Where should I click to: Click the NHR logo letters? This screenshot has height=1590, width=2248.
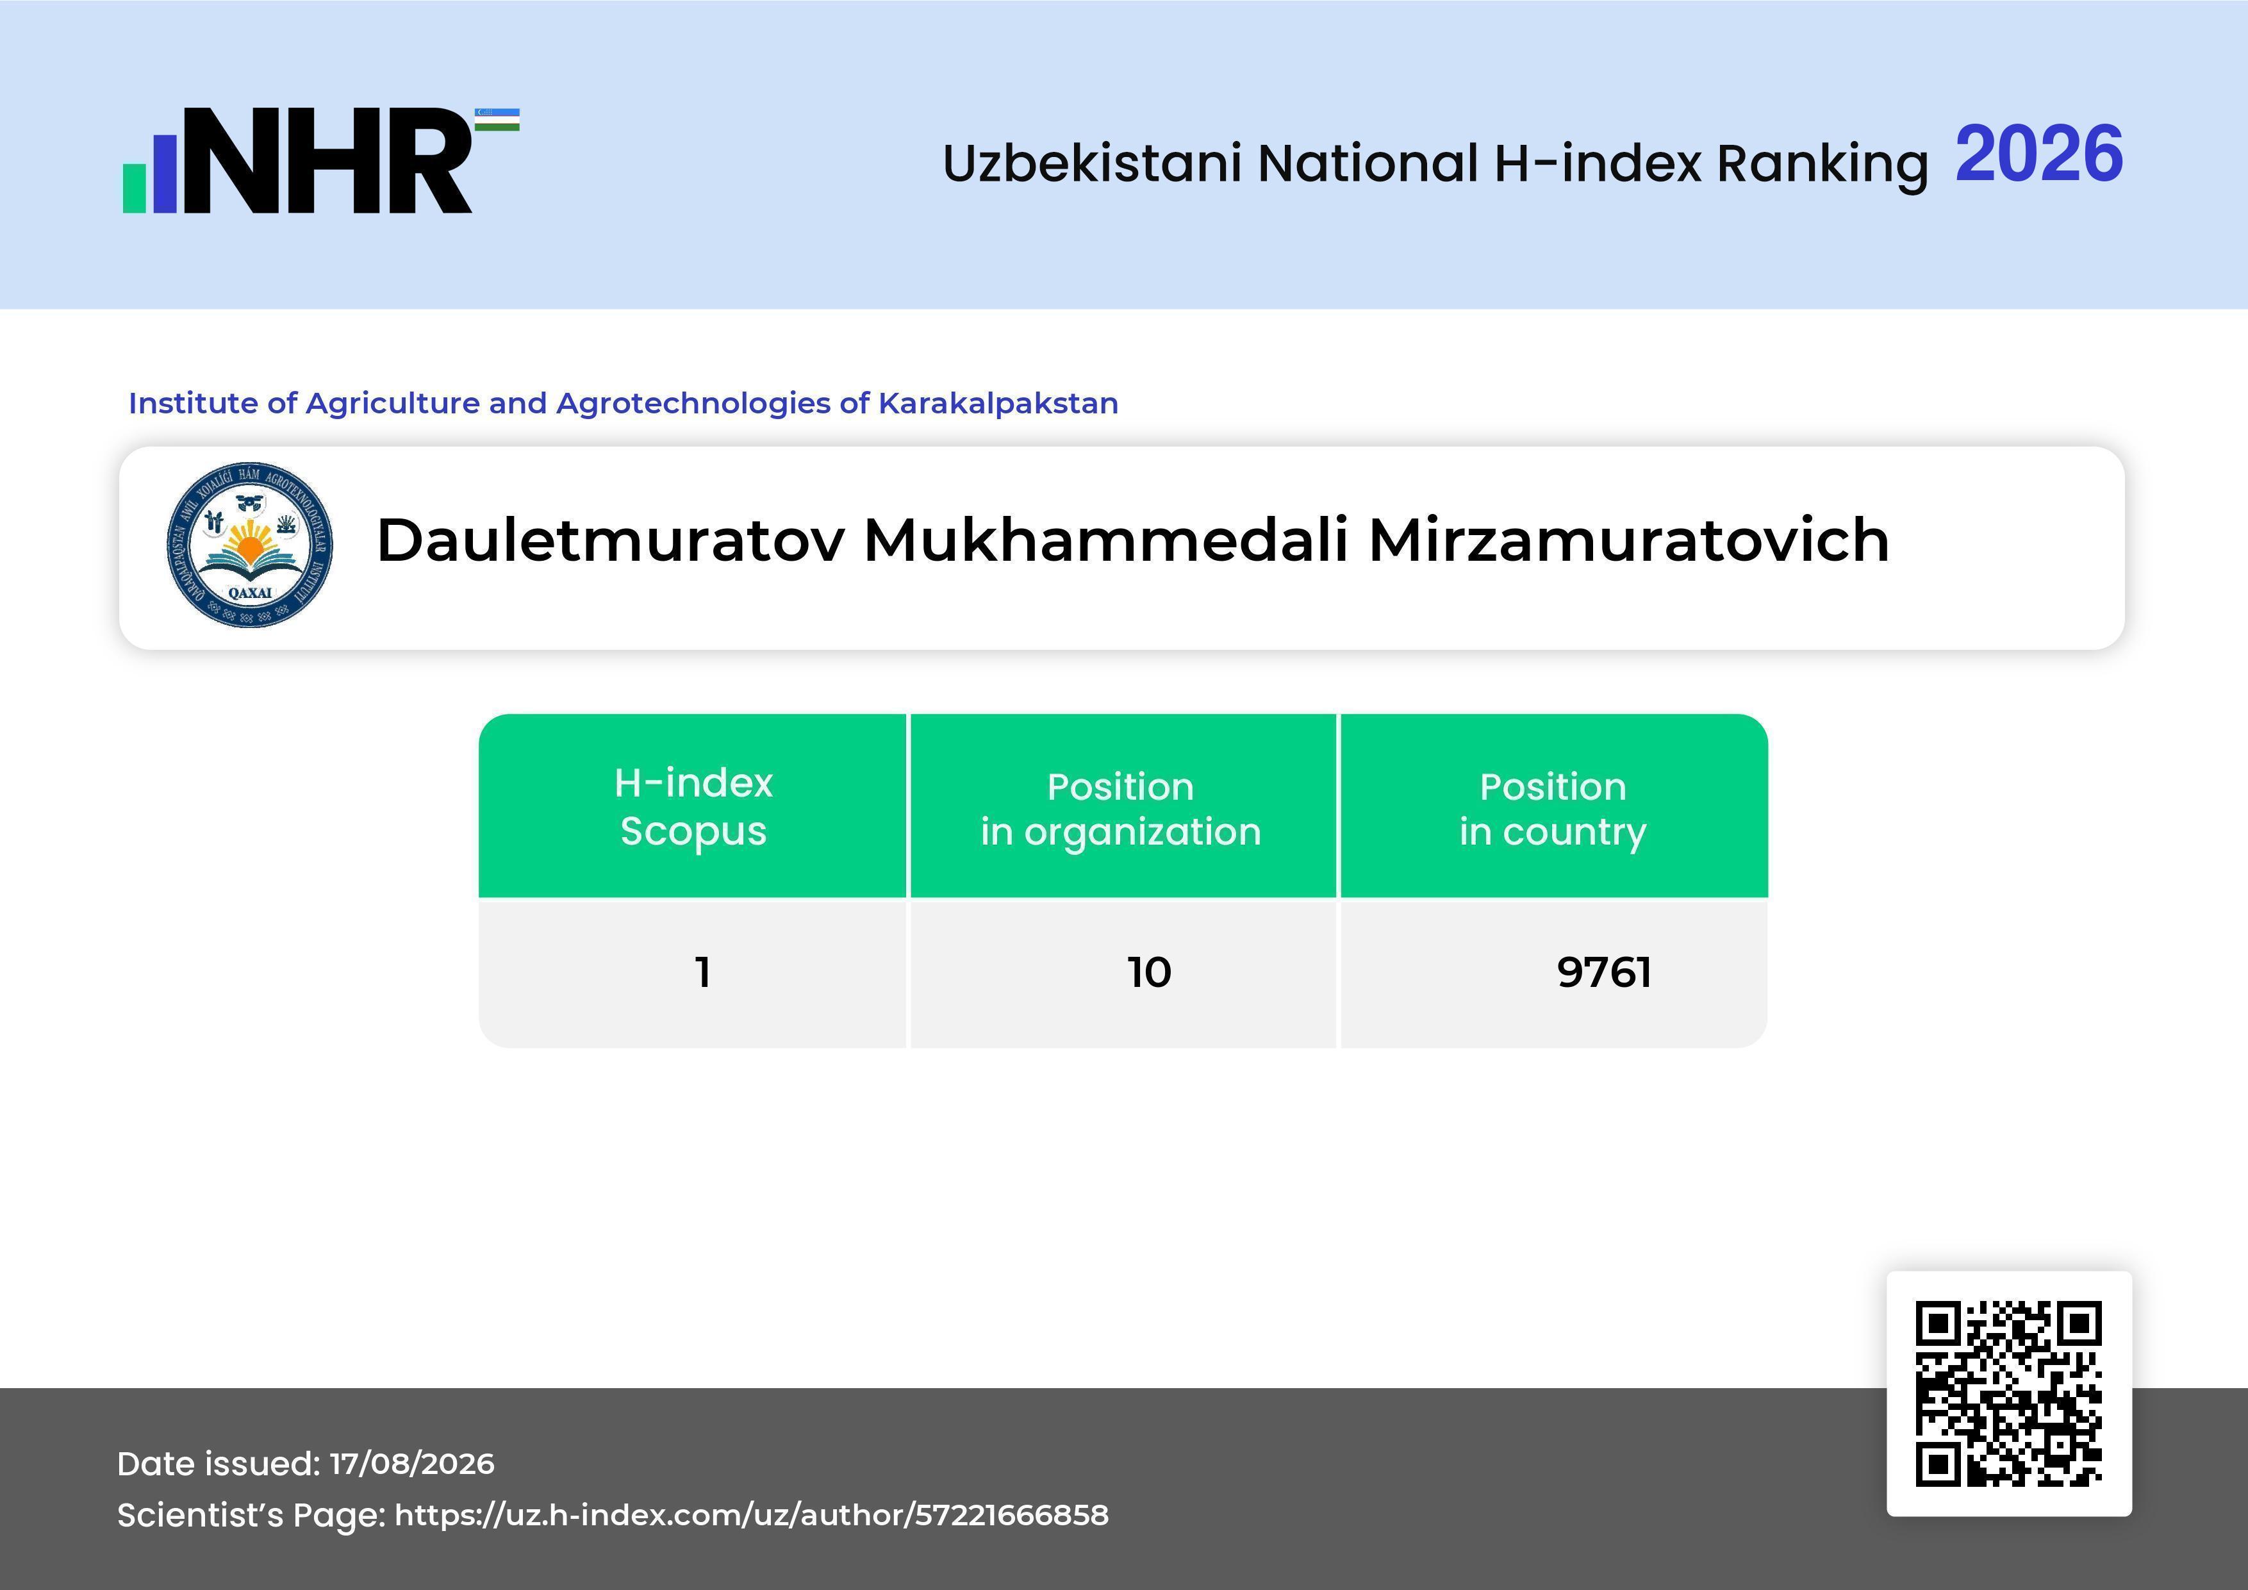click(328, 161)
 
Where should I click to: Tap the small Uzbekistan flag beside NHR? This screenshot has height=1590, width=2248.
click(497, 119)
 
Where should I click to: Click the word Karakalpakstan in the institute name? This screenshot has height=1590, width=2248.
click(998, 403)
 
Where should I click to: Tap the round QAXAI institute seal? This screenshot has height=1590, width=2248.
click(250, 544)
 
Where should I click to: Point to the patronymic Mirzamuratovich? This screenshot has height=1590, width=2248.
click(1628, 540)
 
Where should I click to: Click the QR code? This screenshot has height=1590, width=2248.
click(2009, 1394)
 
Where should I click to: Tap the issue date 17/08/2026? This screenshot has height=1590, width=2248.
click(412, 1464)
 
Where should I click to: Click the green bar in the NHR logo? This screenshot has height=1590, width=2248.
click(134, 187)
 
